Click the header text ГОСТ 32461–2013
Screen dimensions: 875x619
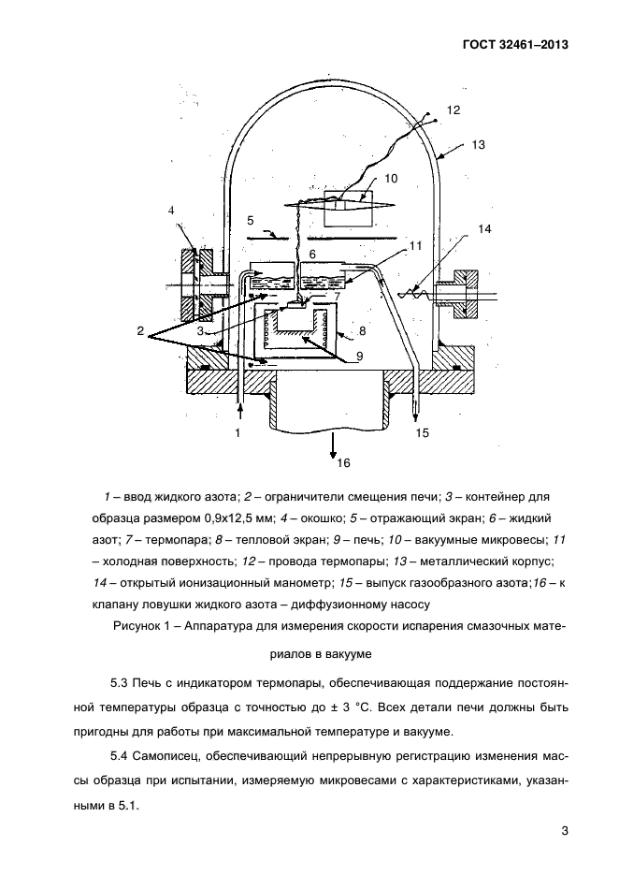coord(514,44)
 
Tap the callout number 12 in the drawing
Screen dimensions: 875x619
coord(453,110)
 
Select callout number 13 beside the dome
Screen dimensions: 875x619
coord(479,145)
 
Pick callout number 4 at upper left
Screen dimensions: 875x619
coord(172,211)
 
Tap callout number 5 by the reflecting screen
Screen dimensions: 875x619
coord(250,222)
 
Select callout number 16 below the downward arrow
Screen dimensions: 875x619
coord(343,462)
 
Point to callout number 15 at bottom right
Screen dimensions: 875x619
coord(421,432)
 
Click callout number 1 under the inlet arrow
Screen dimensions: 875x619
coord(238,432)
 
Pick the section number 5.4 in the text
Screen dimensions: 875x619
coord(122,754)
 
